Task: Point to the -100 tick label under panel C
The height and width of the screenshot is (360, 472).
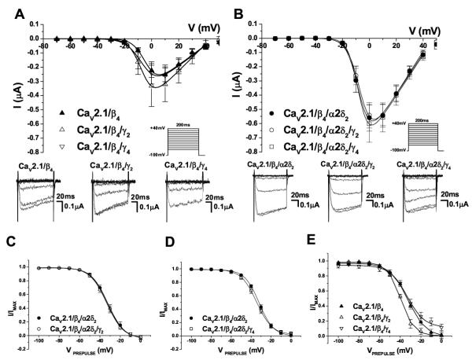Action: [31, 344]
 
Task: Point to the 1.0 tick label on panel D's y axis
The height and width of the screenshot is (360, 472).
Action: [174, 269]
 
